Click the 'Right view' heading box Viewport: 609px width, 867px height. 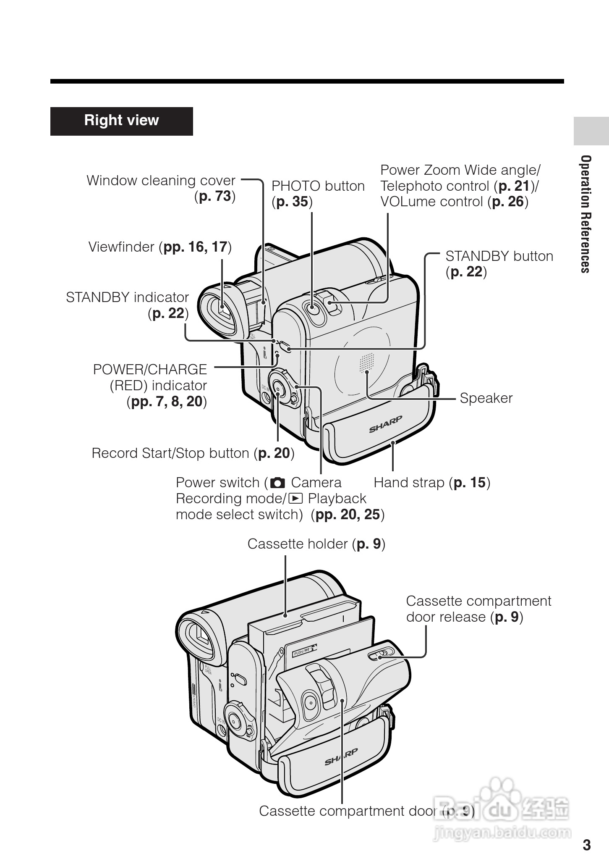[121, 121]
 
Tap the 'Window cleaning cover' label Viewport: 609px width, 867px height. [161, 181]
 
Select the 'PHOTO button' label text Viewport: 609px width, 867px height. [318, 186]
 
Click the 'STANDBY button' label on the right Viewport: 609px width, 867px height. [499, 256]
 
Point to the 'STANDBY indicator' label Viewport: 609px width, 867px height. [127, 297]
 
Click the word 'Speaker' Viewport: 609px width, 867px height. [486, 398]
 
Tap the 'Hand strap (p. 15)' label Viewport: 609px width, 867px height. [431, 483]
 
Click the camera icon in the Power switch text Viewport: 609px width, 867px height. [277, 483]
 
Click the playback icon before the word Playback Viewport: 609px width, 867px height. [296, 499]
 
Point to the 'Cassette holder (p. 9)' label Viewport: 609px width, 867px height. [316, 544]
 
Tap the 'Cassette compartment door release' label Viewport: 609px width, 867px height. [478, 609]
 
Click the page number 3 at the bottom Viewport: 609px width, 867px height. [586, 845]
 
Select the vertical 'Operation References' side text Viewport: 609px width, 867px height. [585, 214]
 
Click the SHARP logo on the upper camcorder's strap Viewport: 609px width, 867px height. [385, 424]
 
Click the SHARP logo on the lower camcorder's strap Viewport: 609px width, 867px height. [341, 757]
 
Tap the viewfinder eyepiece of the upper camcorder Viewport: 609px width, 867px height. [222, 311]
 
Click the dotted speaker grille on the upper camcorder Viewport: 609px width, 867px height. [366, 363]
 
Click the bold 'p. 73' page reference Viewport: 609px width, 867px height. [215, 196]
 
